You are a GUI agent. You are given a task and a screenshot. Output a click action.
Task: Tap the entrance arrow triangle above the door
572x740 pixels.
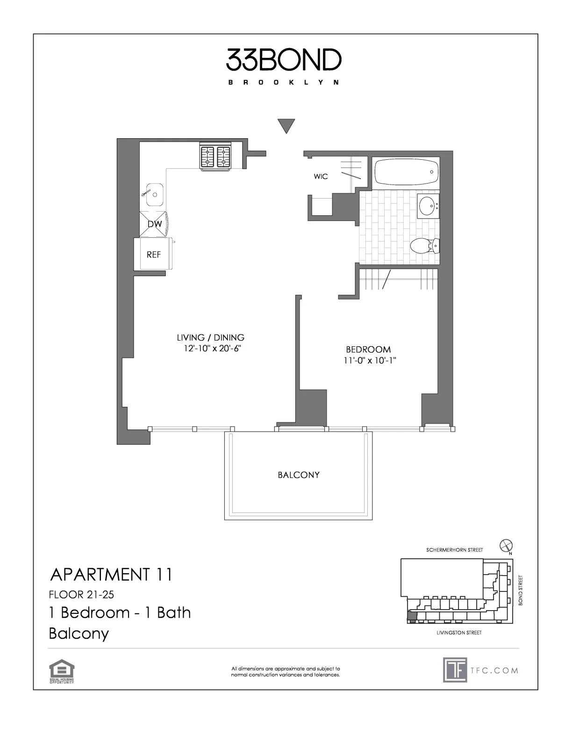point(286,126)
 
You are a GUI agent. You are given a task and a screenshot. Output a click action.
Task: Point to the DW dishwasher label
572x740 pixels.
point(155,224)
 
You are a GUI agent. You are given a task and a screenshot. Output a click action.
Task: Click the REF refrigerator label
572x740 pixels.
point(154,255)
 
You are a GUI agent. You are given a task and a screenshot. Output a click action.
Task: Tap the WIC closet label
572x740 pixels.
point(321,177)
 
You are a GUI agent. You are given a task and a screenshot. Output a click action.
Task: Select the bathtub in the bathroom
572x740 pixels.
point(406,172)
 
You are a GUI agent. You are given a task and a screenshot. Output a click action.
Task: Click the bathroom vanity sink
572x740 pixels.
point(428,206)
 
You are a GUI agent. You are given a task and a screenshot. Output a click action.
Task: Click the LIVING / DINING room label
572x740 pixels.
point(210,337)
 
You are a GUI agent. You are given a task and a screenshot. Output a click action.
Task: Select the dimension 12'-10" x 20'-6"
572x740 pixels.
point(212,349)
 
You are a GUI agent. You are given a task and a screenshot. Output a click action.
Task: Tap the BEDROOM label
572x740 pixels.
point(368,349)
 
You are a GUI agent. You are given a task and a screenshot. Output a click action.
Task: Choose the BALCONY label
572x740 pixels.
point(299,475)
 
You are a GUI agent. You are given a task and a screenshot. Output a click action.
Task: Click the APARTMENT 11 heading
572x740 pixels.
point(111,574)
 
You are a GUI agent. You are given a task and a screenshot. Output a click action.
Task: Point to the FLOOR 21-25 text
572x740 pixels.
point(82,595)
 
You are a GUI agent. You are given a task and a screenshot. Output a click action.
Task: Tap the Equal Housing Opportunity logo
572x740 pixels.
point(62,671)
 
